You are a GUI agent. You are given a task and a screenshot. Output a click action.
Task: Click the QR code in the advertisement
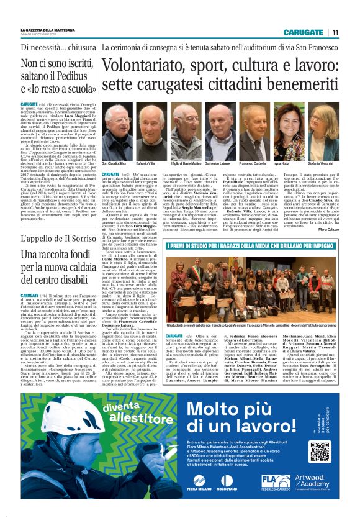click(x=320, y=451)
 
